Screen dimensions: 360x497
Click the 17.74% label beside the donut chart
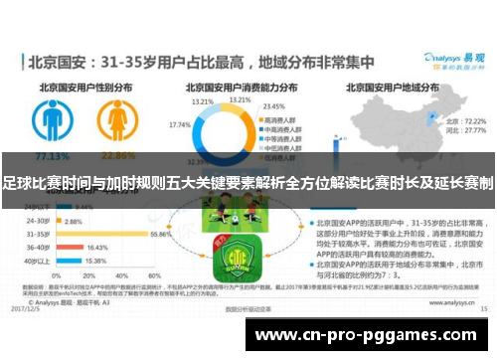tap(181, 124)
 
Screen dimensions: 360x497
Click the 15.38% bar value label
tap(96, 261)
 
